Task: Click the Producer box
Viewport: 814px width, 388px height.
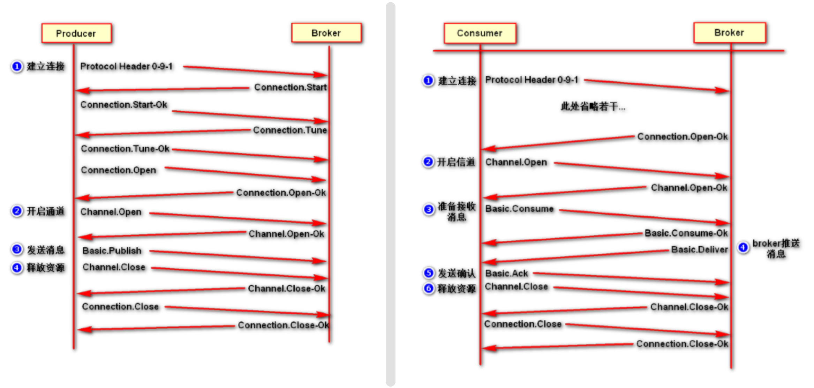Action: [x=76, y=33]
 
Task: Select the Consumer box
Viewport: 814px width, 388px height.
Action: [x=480, y=33]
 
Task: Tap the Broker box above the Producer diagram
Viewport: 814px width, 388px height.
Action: [x=326, y=33]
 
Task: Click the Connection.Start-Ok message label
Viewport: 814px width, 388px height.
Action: [x=124, y=105]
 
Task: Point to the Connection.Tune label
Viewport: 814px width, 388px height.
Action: [x=290, y=130]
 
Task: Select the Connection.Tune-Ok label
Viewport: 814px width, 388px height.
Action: [x=125, y=149]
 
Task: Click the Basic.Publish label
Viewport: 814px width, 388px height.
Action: [x=112, y=251]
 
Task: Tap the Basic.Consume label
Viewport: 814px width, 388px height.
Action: [x=519, y=209]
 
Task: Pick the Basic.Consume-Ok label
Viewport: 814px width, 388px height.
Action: [x=686, y=233]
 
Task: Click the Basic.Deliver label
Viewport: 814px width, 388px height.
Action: [x=699, y=249]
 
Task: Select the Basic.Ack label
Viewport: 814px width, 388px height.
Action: [x=506, y=273]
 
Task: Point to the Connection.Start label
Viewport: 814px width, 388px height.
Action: [x=290, y=87]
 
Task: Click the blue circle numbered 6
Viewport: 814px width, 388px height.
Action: [x=429, y=289]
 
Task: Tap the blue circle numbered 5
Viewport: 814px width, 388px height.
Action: [x=429, y=273]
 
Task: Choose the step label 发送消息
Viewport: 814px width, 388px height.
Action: [x=46, y=250]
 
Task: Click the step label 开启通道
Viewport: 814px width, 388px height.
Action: [x=46, y=211]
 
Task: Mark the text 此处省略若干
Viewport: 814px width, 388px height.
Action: [x=593, y=106]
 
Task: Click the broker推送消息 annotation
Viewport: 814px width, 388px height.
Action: [x=776, y=248]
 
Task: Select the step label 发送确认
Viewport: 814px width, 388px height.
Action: [x=457, y=273]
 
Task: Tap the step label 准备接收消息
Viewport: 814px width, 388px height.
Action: [x=457, y=211]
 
